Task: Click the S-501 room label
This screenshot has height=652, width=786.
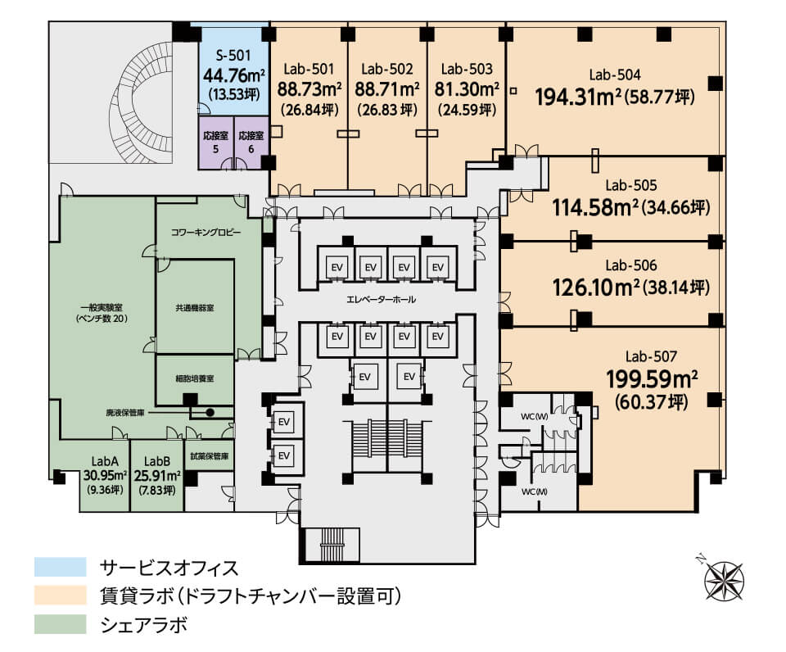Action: (x=233, y=56)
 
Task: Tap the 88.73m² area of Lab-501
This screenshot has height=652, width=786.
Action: (x=309, y=89)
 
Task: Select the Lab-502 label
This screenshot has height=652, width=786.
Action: (x=387, y=69)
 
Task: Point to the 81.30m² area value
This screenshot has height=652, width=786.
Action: (x=467, y=89)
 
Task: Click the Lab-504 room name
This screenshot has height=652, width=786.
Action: (x=615, y=75)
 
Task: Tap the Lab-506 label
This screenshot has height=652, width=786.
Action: (x=631, y=265)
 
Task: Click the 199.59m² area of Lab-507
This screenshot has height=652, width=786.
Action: (x=652, y=379)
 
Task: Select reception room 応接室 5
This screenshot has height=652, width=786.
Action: (x=216, y=142)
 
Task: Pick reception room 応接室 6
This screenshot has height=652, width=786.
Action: (x=251, y=142)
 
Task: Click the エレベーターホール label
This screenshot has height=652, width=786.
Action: (x=382, y=300)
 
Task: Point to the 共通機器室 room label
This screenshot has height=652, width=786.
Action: (x=195, y=308)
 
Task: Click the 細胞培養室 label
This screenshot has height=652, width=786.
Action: (x=195, y=378)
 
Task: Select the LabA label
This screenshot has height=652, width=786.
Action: (x=105, y=461)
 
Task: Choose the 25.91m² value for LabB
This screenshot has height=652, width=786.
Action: (x=157, y=475)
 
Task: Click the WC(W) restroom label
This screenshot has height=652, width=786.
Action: (x=535, y=416)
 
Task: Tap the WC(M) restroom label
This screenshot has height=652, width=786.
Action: (x=535, y=491)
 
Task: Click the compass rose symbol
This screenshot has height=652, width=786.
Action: (x=723, y=579)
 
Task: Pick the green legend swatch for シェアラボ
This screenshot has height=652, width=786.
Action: (x=60, y=624)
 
